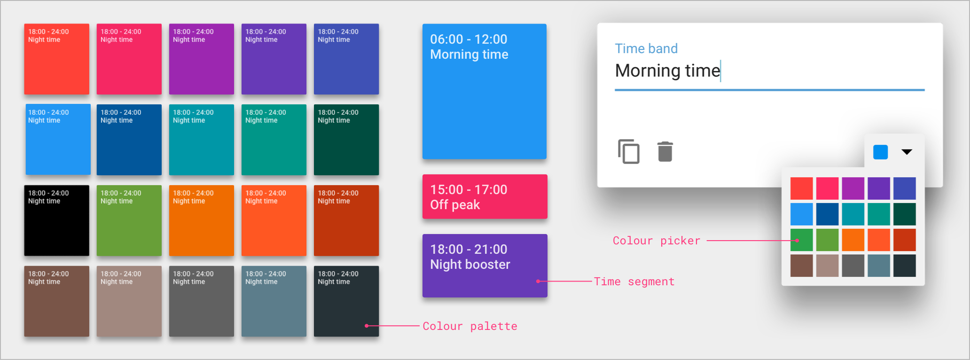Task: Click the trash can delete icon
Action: (x=665, y=151)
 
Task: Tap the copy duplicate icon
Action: (x=629, y=151)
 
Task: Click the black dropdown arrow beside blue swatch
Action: (x=907, y=152)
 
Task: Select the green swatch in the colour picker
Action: (x=801, y=240)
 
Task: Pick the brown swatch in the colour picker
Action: (x=801, y=266)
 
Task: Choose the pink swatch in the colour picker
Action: (x=827, y=188)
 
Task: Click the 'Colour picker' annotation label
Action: (x=657, y=241)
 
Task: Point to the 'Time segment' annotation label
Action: (x=634, y=282)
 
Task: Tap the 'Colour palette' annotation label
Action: (x=470, y=326)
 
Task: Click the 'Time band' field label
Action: (x=646, y=48)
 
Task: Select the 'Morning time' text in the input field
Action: (x=667, y=70)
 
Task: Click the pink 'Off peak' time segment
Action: (x=485, y=196)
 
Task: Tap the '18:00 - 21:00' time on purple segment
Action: (x=469, y=249)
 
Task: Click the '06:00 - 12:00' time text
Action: (x=469, y=39)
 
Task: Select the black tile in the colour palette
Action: (x=57, y=220)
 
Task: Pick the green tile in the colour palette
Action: (x=129, y=220)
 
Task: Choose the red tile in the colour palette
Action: (x=57, y=59)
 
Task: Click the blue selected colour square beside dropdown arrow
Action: (x=880, y=152)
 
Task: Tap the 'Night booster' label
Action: (x=470, y=265)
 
